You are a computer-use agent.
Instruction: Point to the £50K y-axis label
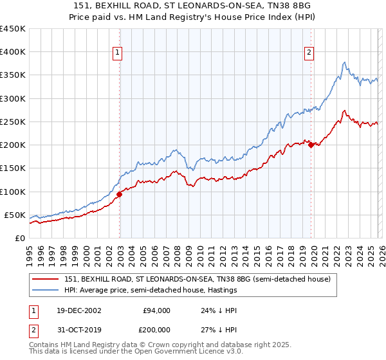tap(15, 215)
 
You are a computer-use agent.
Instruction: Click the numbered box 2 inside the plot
tap(309, 53)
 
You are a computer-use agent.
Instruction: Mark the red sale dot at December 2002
tap(120, 194)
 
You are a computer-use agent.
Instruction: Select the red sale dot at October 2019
tap(311, 145)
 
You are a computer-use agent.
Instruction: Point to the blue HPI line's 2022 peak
tap(345, 62)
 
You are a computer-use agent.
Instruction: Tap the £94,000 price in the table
tap(156, 310)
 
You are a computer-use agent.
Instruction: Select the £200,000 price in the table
tap(155, 330)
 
